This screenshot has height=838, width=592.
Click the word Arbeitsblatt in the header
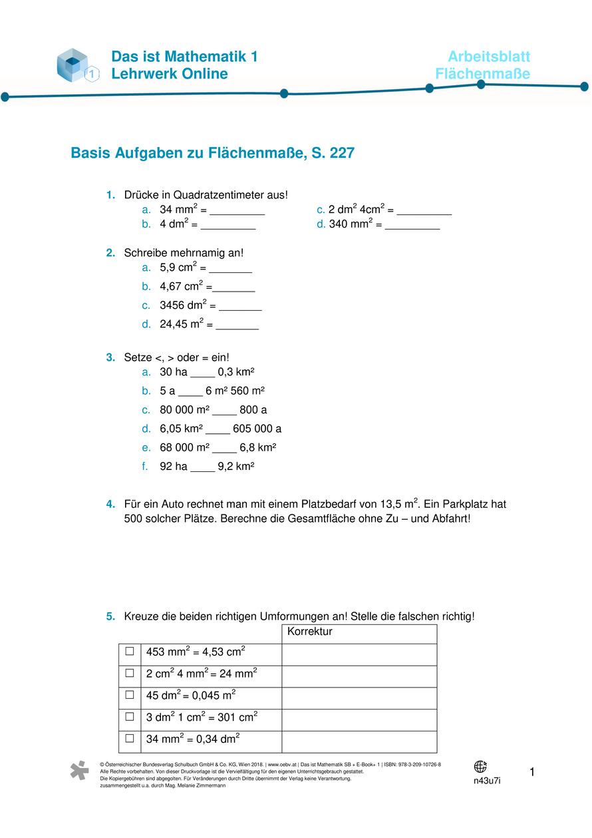[488, 57]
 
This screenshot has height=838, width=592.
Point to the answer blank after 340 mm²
[412, 226]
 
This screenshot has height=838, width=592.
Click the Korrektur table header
[309, 632]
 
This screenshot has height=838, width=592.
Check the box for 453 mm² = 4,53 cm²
[130, 651]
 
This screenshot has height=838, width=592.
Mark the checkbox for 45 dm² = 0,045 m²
[130, 695]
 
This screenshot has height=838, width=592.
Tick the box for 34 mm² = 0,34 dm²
[130, 738]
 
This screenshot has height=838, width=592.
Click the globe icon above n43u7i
[480, 767]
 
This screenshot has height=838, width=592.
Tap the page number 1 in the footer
[532, 772]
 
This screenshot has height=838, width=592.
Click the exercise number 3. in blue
[110, 357]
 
